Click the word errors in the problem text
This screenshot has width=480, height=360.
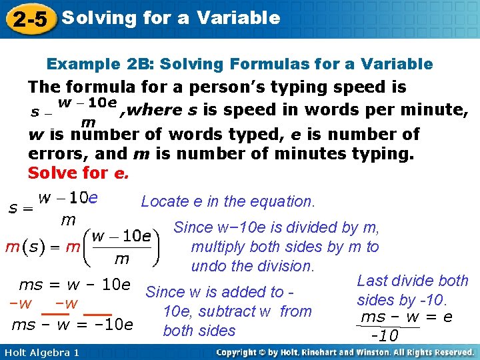[54, 153]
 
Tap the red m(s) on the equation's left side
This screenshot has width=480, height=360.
[23, 247]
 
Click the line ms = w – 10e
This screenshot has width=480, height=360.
[74, 285]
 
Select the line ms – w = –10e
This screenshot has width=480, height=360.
[73, 325]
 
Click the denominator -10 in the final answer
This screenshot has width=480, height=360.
[385, 334]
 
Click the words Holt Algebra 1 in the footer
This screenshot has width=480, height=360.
[41, 352]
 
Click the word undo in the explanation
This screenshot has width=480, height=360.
[206, 266]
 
